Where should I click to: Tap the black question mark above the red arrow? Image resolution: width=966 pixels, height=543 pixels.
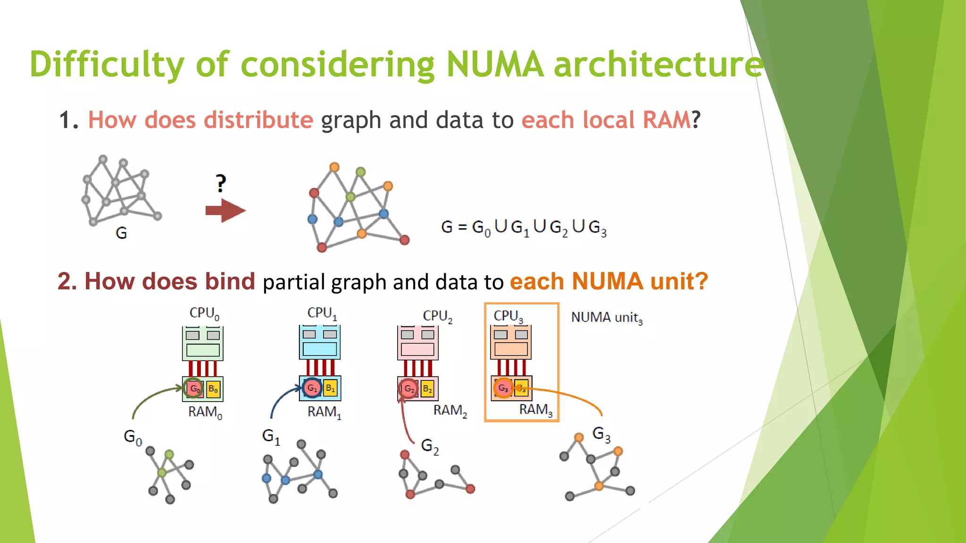(221, 183)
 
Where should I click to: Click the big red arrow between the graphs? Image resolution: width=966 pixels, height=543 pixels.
(225, 210)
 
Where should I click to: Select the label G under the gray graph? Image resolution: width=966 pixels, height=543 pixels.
(121, 233)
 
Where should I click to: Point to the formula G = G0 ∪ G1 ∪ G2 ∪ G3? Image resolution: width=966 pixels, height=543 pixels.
(524, 228)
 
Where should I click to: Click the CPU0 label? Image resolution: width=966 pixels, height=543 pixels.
(204, 313)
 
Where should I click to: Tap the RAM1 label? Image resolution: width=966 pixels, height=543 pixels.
(324, 412)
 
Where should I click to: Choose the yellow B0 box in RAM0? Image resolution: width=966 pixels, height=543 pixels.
(213, 389)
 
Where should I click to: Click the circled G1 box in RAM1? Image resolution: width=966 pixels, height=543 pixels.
(312, 388)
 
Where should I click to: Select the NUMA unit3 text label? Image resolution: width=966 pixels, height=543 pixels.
(607, 318)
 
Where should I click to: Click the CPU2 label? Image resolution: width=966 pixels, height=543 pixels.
(437, 316)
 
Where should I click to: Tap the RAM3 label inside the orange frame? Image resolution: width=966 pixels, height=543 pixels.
(535, 410)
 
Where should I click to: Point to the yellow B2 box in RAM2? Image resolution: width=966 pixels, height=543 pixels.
(427, 388)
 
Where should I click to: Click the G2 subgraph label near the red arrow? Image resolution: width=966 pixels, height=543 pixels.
(430, 446)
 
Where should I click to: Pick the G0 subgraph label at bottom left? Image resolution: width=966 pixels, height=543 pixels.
(133, 437)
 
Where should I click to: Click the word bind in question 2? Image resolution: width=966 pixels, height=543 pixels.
(230, 281)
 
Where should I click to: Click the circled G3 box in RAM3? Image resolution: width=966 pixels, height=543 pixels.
(503, 388)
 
